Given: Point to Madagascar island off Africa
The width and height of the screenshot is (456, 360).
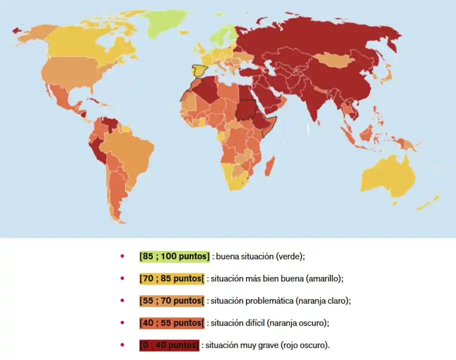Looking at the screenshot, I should click(270, 164).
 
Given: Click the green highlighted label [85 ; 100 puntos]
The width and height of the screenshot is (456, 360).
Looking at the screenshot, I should click(174, 256).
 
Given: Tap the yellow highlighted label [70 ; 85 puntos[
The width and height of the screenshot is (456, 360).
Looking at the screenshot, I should click(172, 278).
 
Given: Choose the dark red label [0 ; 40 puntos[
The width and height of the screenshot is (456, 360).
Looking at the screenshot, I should click(169, 345).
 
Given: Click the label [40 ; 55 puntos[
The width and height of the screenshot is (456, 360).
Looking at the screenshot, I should click(172, 323).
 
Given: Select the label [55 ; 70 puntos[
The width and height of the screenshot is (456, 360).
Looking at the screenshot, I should click(172, 301).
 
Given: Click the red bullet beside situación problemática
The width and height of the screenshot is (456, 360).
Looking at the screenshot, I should click(121, 301).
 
